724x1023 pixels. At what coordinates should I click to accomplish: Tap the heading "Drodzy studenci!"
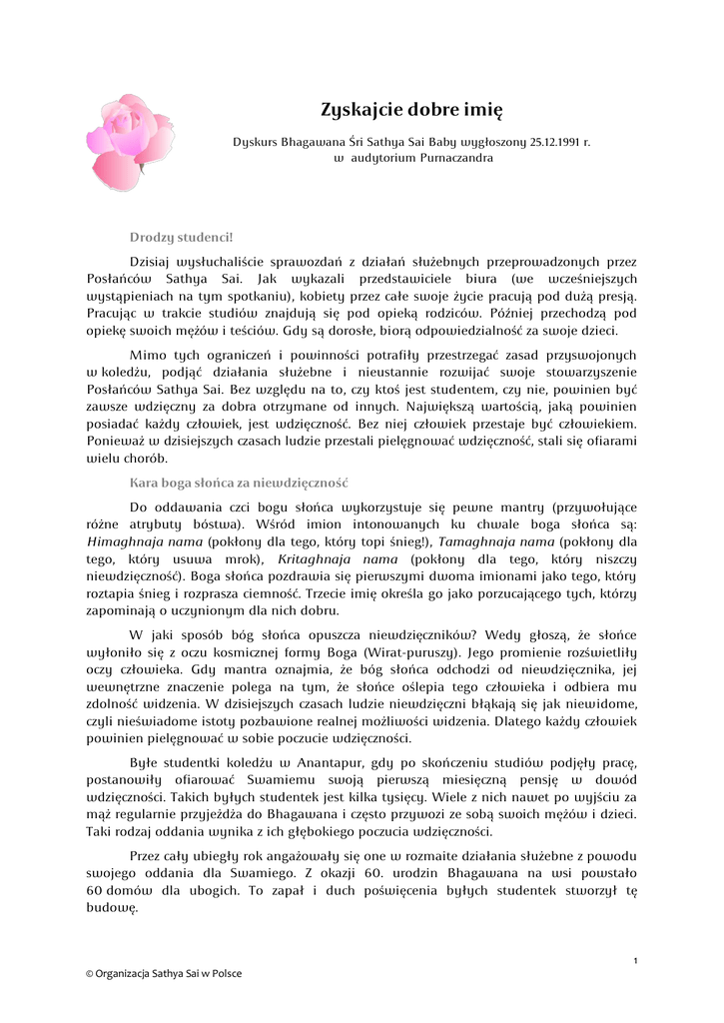click(181, 237)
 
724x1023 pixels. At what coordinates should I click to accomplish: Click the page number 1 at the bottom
click(635, 960)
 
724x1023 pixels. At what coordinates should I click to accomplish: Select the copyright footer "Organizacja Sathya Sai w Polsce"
click(168, 973)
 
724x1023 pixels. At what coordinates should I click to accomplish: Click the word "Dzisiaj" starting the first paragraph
click(153, 262)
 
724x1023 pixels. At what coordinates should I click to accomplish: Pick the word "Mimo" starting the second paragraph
click(149, 355)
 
